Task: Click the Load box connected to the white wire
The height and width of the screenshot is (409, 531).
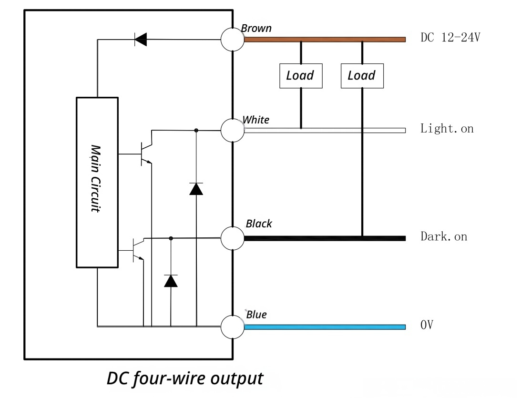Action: [301, 76]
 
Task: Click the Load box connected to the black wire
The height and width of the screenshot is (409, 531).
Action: [362, 76]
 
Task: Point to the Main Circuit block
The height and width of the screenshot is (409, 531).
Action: [97, 182]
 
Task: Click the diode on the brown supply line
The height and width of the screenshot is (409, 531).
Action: [141, 40]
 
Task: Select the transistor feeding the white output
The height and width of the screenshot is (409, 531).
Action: [145, 153]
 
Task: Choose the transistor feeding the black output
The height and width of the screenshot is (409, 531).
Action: [138, 249]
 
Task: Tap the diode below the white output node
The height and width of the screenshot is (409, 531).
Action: [196, 189]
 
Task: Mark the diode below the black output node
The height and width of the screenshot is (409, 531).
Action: [171, 281]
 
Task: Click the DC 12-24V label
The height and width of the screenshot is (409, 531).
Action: [450, 38]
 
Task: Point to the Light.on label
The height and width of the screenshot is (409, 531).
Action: [447, 129]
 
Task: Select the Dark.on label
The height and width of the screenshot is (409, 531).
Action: [444, 236]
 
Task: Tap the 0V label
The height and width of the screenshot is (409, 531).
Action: [427, 326]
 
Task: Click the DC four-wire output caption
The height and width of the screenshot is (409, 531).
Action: [185, 378]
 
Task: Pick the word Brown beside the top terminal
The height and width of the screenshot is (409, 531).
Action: [256, 28]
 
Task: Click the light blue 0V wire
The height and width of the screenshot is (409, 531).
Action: [325, 327]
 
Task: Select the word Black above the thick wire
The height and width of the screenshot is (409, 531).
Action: [259, 224]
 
